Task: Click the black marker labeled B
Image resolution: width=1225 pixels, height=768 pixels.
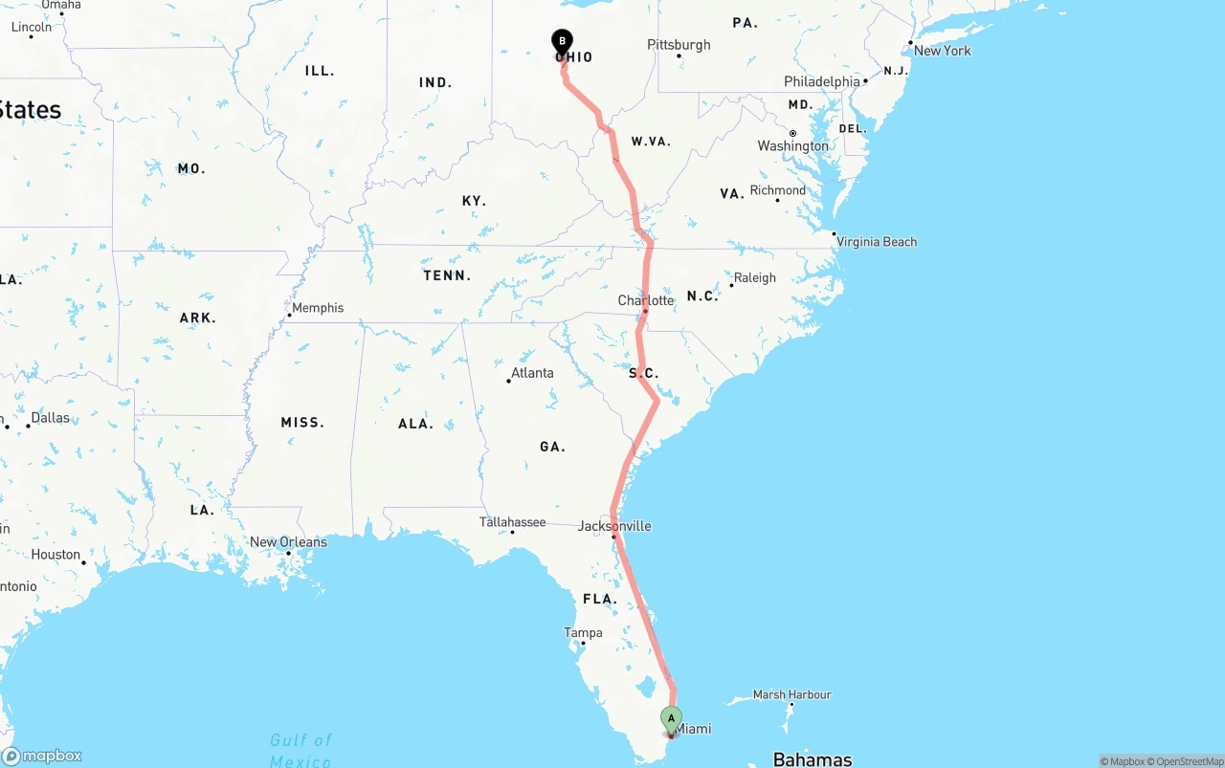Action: [x=562, y=41]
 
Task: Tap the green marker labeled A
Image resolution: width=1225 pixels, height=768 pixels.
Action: [x=671, y=717]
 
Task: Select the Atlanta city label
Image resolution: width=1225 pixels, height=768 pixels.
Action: [x=532, y=373]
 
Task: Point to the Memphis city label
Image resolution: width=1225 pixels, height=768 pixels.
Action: [x=318, y=308]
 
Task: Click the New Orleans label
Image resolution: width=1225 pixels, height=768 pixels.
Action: [x=288, y=542]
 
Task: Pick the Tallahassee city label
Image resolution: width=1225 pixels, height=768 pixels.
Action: [x=513, y=522]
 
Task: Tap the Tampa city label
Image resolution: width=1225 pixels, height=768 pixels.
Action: [x=583, y=633]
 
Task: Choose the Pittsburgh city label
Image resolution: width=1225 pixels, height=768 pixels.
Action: [x=679, y=45]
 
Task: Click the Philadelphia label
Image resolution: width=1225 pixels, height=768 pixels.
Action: [x=822, y=82]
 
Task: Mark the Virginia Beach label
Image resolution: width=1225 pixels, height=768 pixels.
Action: [x=877, y=242]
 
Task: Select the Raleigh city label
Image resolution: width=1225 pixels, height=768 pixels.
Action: [x=755, y=278]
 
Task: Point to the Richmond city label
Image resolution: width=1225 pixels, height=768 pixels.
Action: [x=778, y=190]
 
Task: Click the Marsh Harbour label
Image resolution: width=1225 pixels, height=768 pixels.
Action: [x=792, y=695]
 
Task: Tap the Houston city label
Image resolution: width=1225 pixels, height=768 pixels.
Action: [x=56, y=555]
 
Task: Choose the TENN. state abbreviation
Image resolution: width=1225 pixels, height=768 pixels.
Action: [x=447, y=275]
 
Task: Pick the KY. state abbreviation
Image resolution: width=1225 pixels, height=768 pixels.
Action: [x=474, y=201]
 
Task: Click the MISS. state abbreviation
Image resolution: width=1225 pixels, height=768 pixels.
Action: [x=302, y=423]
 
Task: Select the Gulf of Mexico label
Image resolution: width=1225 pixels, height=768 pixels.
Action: [x=301, y=751]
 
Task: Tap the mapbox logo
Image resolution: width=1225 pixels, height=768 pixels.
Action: [x=43, y=756]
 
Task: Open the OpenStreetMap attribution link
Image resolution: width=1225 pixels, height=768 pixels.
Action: [x=1186, y=761]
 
